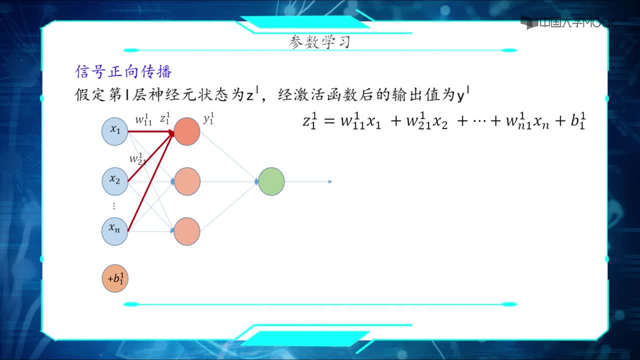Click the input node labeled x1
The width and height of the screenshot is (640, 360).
pyautogui.click(x=115, y=131)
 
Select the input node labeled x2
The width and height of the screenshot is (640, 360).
pyautogui.click(x=115, y=181)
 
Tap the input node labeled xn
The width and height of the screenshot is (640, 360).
pyautogui.click(x=115, y=231)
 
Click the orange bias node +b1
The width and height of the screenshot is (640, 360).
pyautogui.click(x=115, y=278)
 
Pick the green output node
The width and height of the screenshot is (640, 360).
pyautogui.click(x=271, y=181)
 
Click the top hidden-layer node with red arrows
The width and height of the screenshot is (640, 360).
pyautogui.click(x=187, y=131)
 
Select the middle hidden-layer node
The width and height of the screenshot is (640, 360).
pyautogui.click(x=187, y=181)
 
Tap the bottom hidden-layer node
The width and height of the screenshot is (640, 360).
pyautogui.click(x=187, y=231)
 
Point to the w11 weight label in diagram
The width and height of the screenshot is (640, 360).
pyautogui.click(x=143, y=119)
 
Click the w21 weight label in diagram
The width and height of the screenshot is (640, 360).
pyautogui.click(x=137, y=159)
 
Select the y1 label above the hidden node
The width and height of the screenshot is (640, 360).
pyautogui.click(x=208, y=118)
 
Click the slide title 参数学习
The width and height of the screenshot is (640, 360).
pyautogui.click(x=319, y=42)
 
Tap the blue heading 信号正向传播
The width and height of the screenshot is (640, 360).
pyautogui.click(x=123, y=71)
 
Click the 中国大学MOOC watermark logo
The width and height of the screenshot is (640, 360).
pyautogui.click(x=567, y=22)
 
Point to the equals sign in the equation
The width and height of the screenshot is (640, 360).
pyautogui.click(x=329, y=121)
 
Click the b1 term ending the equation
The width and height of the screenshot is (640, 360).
pyautogui.click(x=578, y=121)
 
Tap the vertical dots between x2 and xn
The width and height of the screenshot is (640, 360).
pyautogui.click(x=114, y=206)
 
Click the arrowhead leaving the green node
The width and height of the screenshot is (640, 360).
pyautogui.click(x=330, y=181)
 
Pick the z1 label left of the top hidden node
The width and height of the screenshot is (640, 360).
pyautogui.click(x=165, y=118)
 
